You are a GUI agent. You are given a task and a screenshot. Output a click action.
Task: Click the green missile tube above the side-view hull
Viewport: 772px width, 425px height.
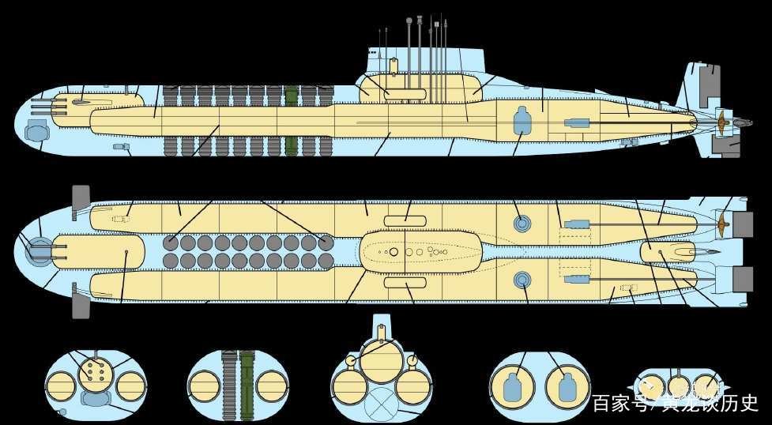coord(292,96)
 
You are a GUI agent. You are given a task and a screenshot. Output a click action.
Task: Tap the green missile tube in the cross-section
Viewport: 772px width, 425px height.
coord(247,386)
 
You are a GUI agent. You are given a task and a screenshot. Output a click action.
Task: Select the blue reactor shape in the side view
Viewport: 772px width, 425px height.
coord(522,120)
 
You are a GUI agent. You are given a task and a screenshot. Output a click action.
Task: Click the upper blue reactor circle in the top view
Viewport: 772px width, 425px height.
coord(522,224)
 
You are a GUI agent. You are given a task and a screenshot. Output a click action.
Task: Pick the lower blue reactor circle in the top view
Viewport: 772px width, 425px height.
coord(522,280)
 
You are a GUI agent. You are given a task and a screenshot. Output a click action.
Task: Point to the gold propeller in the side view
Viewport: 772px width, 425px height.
coord(723,122)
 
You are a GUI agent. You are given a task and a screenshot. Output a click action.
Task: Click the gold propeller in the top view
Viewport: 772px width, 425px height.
coord(723,224)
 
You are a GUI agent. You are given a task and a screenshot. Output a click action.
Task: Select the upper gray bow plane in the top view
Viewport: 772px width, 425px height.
coord(81,202)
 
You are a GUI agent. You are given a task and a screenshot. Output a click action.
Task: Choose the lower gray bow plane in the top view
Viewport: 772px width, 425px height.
coord(81,300)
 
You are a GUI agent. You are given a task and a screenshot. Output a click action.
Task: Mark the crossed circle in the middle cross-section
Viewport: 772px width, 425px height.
coord(381,400)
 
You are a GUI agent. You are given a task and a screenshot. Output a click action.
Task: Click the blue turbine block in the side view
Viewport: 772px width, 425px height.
coord(577,123)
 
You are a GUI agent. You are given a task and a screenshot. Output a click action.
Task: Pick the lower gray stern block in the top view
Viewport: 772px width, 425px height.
coord(743,279)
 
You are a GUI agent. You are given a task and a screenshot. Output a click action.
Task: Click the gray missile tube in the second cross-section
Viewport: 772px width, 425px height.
coord(229,386)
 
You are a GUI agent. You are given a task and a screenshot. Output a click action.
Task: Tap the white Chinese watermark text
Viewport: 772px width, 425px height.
coord(675,403)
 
